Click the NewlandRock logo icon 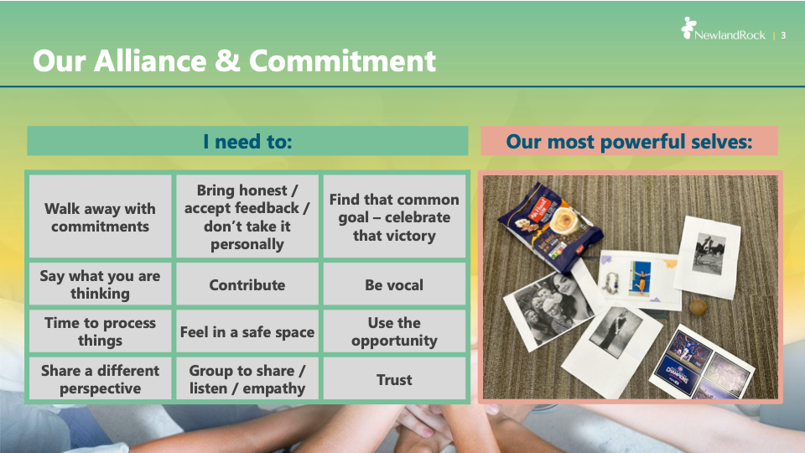tap(688, 28)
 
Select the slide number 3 tap(783, 35)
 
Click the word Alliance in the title tap(150, 61)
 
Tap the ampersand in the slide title tap(227, 61)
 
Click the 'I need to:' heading tap(247, 141)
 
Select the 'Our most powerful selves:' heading tap(630, 141)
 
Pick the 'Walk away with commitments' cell tap(100, 216)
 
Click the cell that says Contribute tap(247, 284)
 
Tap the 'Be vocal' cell tap(394, 284)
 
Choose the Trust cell tap(394, 379)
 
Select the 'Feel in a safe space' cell tap(247, 331)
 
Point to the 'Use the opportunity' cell tap(394, 331)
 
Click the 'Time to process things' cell tap(100, 331)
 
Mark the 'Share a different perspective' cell tap(100, 379)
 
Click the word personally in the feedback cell tap(247, 244)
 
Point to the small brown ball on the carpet tap(698, 307)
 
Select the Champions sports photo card tap(701, 364)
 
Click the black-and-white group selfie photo tap(549, 306)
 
